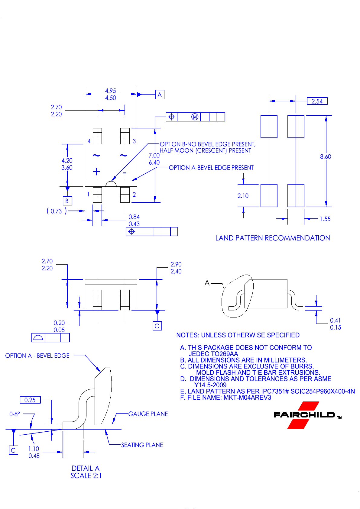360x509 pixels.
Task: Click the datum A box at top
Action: pyautogui.click(x=160, y=94)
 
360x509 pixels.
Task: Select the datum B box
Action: pyautogui.click(x=67, y=201)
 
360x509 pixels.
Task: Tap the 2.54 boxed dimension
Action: pyautogui.click(x=317, y=101)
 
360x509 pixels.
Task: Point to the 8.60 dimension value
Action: pyautogui.click(x=326, y=156)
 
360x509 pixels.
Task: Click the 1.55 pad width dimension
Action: pyautogui.click(x=325, y=219)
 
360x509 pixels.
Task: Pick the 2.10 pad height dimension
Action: pyautogui.click(x=243, y=196)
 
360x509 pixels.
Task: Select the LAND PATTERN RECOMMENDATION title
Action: pyautogui.click(x=273, y=238)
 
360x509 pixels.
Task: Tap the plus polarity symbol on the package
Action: pyautogui.click(x=96, y=172)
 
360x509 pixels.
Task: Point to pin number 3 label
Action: pyautogui.click(x=134, y=141)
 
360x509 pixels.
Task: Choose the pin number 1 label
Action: pyautogui.click(x=88, y=194)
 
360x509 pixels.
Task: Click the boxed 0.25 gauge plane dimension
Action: pyautogui.click(x=30, y=400)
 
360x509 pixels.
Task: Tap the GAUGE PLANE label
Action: pyautogui.click(x=148, y=414)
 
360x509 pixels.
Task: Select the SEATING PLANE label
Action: pyautogui.click(x=142, y=445)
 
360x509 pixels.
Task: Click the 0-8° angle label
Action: pyautogui.click(x=15, y=414)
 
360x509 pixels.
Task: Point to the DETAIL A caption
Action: pyautogui.click(x=86, y=468)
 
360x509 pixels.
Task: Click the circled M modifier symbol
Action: pyautogui.click(x=195, y=117)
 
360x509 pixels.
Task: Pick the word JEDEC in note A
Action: pyautogui.click(x=199, y=354)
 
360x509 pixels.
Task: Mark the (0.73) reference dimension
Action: pyautogui.click(x=57, y=211)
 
